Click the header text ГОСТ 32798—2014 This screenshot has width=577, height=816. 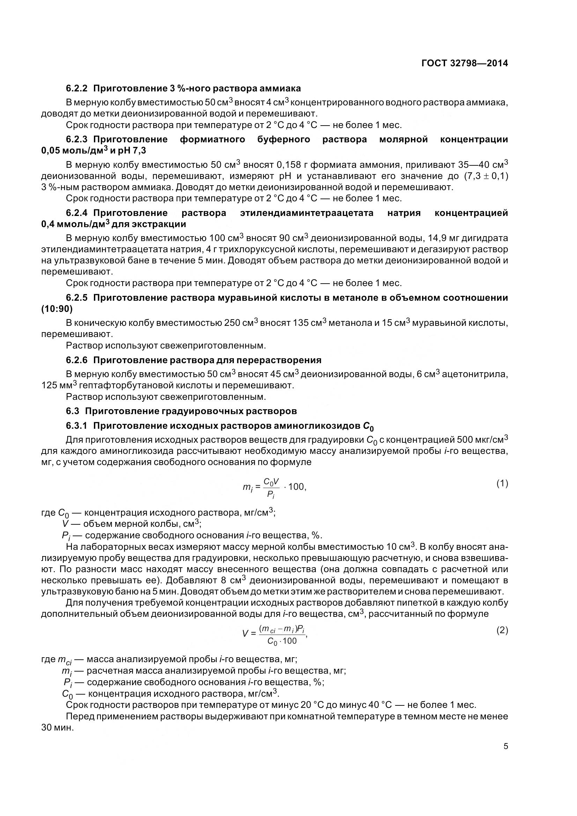point(464,63)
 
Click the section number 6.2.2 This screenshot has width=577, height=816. point(76,88)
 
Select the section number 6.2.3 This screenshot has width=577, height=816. point(76,139)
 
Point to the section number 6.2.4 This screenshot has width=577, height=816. point(76,213)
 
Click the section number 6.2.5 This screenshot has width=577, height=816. point(76,298)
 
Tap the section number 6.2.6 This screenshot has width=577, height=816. point(76,360)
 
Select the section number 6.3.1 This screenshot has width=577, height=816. point(76,425)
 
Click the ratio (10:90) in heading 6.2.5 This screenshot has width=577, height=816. point(57,309)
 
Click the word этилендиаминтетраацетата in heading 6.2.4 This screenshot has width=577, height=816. point(306,213)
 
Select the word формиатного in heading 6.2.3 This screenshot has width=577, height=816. point(212,139)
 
